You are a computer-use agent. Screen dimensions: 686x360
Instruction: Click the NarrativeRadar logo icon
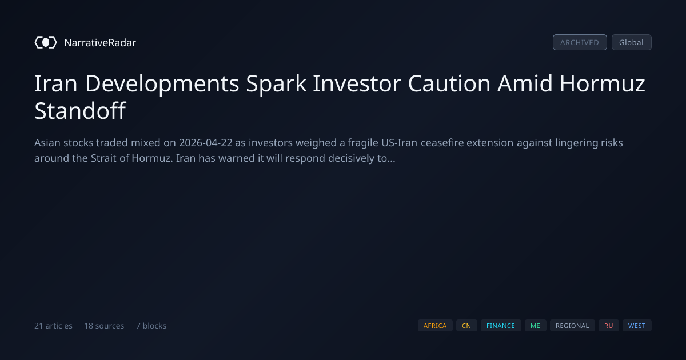click(46, 42)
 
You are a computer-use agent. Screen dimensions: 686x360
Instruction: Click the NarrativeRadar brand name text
click(100, 42)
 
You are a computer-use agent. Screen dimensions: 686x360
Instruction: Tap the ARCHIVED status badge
click(580, 42)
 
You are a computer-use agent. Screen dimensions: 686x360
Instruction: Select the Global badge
click(632, 42)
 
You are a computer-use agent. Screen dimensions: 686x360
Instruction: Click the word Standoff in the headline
click(80, 110)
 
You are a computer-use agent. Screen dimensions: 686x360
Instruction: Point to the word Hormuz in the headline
click(603, 83)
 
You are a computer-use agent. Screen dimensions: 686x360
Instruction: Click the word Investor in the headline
click(357, 83)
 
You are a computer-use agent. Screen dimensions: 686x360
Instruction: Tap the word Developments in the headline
click(162, 84)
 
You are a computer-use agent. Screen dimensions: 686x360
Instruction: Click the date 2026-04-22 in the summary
click(206, 143)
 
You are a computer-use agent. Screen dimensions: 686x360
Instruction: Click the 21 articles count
click(53, 326)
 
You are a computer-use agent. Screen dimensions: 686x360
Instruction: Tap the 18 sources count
click(104, 326)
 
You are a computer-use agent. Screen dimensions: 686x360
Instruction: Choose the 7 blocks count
click(151, 326)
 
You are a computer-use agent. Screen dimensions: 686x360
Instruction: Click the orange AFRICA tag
click(435, 325)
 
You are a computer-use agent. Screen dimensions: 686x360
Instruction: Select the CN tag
click(466, 325)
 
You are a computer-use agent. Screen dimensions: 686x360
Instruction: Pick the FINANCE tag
click(501, 325)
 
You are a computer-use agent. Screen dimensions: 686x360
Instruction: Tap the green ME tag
click(535, 325)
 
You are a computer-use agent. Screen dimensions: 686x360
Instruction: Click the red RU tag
click(608, 325)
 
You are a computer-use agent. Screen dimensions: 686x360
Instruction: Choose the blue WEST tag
click(637, 325)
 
